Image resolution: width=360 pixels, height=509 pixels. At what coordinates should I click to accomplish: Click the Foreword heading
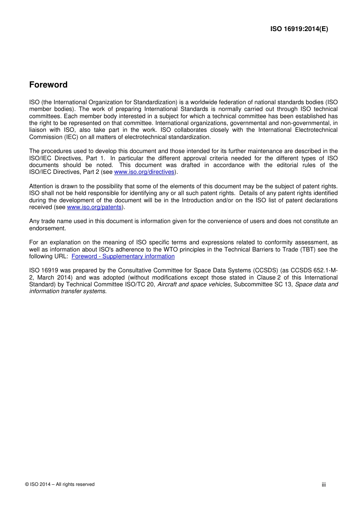pos(48,85)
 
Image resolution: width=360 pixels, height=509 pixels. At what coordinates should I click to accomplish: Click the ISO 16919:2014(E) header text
pos(299,29)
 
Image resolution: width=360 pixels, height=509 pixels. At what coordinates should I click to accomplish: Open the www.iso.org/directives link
pos(144,172)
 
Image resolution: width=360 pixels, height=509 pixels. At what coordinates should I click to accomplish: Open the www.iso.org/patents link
pos(94,207)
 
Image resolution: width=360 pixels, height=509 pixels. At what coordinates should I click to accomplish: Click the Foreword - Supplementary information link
pos(123,256)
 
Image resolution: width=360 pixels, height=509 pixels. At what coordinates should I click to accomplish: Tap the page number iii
pos(324,485)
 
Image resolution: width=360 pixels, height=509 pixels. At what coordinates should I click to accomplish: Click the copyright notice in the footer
pos(60,484)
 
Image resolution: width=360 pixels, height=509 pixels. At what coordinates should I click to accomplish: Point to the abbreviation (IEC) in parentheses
pos(70,137)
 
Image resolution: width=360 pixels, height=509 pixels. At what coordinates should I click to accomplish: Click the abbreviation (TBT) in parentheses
pos(310,250)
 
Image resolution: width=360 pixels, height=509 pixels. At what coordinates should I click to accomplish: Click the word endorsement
pos(47,228)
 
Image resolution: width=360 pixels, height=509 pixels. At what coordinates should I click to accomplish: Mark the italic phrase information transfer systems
pos(68,291)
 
